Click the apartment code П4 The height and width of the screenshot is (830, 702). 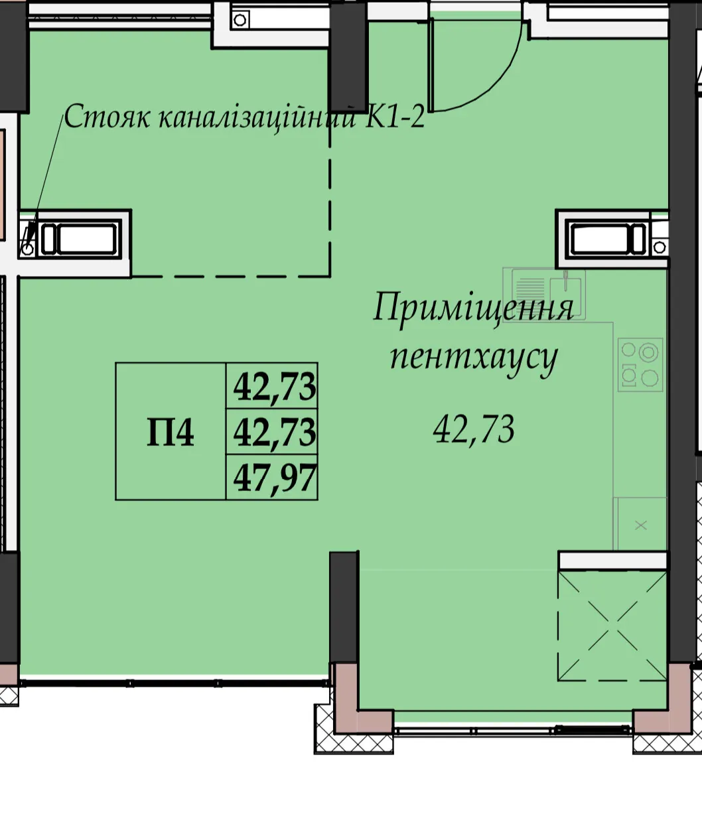coord(171,432)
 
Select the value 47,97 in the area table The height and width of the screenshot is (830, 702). coord(274,478)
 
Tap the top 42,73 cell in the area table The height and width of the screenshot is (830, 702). coord(274,387)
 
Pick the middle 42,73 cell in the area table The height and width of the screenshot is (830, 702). coord(274,432)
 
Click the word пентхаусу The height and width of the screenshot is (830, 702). coord(474,358)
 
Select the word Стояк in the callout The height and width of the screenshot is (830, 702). coord(106,117)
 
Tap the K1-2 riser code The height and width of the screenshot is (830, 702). coord(394,117)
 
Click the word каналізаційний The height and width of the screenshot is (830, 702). coord(257,117)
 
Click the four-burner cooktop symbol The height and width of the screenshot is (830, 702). coord(640,365)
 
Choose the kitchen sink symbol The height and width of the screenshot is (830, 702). coord(544,295)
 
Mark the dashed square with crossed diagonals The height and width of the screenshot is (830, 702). coord(612,626)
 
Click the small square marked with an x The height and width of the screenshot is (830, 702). coord(640,524)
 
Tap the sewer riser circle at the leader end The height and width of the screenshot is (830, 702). coord(28,249)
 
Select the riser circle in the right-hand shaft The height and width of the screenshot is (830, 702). coord(659,247)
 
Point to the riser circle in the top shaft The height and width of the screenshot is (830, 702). coord(240,20)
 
